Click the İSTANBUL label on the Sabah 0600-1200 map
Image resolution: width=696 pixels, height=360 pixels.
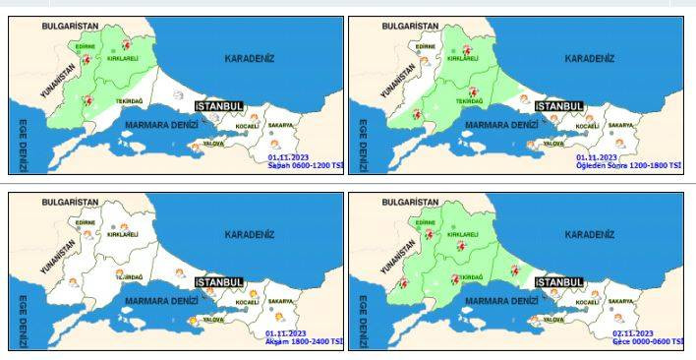(x=219, y=105)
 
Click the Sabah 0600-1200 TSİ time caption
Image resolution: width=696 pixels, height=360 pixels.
(x=305, y=165)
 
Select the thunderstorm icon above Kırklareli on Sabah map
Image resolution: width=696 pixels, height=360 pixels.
(x=126, y=45)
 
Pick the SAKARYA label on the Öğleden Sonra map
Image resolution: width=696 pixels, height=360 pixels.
(x=620, y=125)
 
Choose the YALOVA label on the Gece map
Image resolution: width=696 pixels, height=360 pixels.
(x=554, y=320)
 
